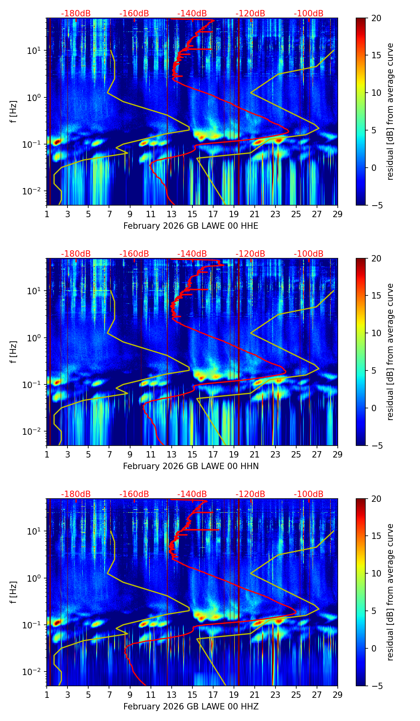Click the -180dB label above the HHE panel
76,14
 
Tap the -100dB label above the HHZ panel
309,494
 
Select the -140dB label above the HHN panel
192,254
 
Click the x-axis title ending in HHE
191,226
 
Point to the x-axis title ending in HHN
191,466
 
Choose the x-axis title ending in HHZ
191,707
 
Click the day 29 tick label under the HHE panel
337,214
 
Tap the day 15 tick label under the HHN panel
192,455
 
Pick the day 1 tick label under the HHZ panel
47,695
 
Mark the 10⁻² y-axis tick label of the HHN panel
32,432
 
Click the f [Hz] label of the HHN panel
14,352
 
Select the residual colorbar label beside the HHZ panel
390,592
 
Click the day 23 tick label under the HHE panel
275,214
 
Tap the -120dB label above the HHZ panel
250,494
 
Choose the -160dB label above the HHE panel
134,14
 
